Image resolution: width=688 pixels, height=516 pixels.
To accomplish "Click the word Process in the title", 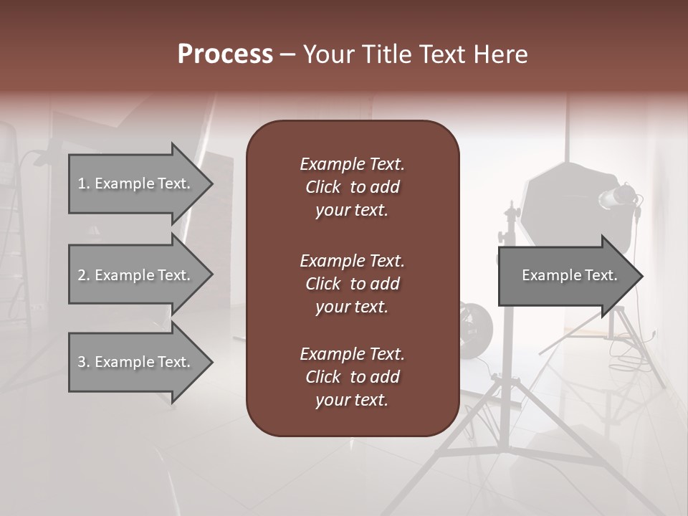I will [x=225, y=54].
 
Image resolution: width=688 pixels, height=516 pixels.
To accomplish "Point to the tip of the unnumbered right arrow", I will [x=641, y=275].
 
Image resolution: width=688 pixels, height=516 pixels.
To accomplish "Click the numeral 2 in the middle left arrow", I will [x=82, y=275].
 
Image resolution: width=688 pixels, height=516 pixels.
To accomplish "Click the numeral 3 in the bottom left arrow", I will [x=82, y=362].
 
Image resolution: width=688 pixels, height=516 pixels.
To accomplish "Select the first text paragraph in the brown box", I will [x=352, y=187].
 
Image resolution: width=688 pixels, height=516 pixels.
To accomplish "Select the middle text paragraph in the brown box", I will [x=352, y=284].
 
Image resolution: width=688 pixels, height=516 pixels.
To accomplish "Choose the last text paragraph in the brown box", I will [x=352, y=377].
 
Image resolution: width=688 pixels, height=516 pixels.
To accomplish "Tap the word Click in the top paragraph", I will [x=323, y=187].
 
